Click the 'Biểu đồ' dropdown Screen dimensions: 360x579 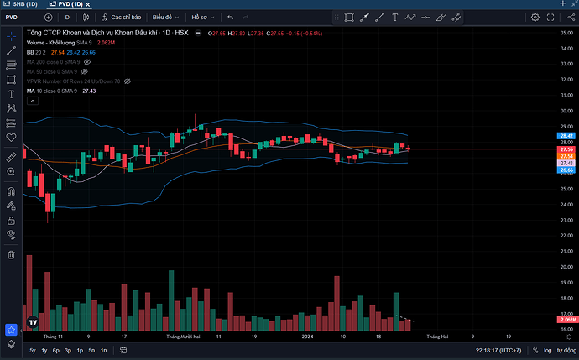pyautogui.click(x=164, y=17)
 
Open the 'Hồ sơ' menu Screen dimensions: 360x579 pyautogui.click(x=201, y=17)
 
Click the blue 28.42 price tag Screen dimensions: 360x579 pyautogui.click(x=566, y=135)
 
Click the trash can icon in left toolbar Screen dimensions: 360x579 pyautogui.click(x=12, y=254)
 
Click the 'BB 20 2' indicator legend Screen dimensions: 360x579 pyautogui.click(x=36, y=52)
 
